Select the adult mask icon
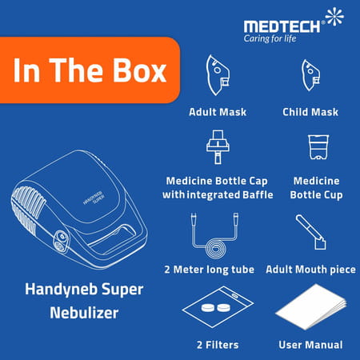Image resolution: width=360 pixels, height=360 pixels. point(217,77)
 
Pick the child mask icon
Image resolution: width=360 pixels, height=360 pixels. point(311,77)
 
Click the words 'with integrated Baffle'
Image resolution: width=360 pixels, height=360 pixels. point(218,194)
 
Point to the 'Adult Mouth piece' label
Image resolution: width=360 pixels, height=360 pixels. point(311,270)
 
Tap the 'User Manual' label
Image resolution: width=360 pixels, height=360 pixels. point(311,345)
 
